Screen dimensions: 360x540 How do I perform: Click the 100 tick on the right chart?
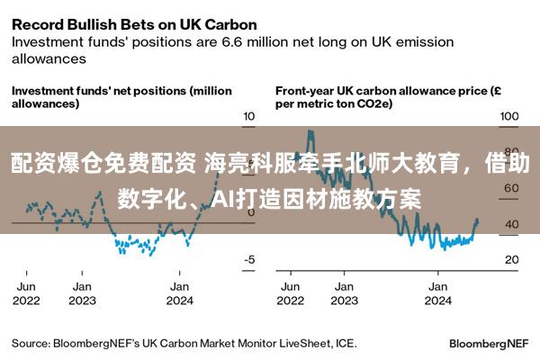509,117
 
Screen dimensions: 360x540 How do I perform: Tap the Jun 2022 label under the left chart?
27,293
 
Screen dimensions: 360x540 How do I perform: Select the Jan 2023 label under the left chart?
82,293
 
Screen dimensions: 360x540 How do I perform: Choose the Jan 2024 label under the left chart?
180,293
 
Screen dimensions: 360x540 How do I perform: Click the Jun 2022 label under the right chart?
290,293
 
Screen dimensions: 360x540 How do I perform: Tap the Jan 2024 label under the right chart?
438,293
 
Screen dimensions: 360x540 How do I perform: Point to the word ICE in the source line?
346,343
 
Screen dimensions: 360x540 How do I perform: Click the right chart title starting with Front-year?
382,97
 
